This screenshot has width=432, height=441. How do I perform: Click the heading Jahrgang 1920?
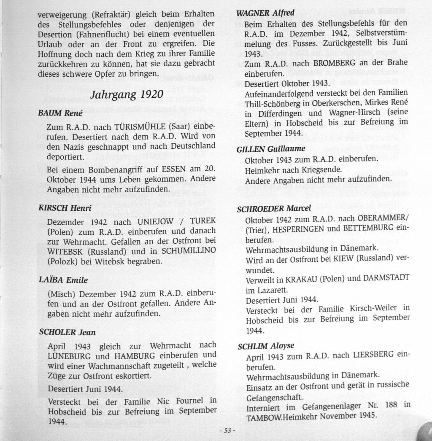(x=127, y=94)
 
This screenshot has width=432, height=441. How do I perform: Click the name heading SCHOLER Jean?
(x=67, y=332)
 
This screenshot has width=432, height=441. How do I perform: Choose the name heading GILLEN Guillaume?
(x=271, y=149)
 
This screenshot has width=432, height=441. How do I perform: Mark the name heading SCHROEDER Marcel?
(x=274, y=208)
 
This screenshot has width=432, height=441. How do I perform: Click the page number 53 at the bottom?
(x=227, y=430)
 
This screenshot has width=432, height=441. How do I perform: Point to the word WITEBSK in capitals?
(x=63, y=250)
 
